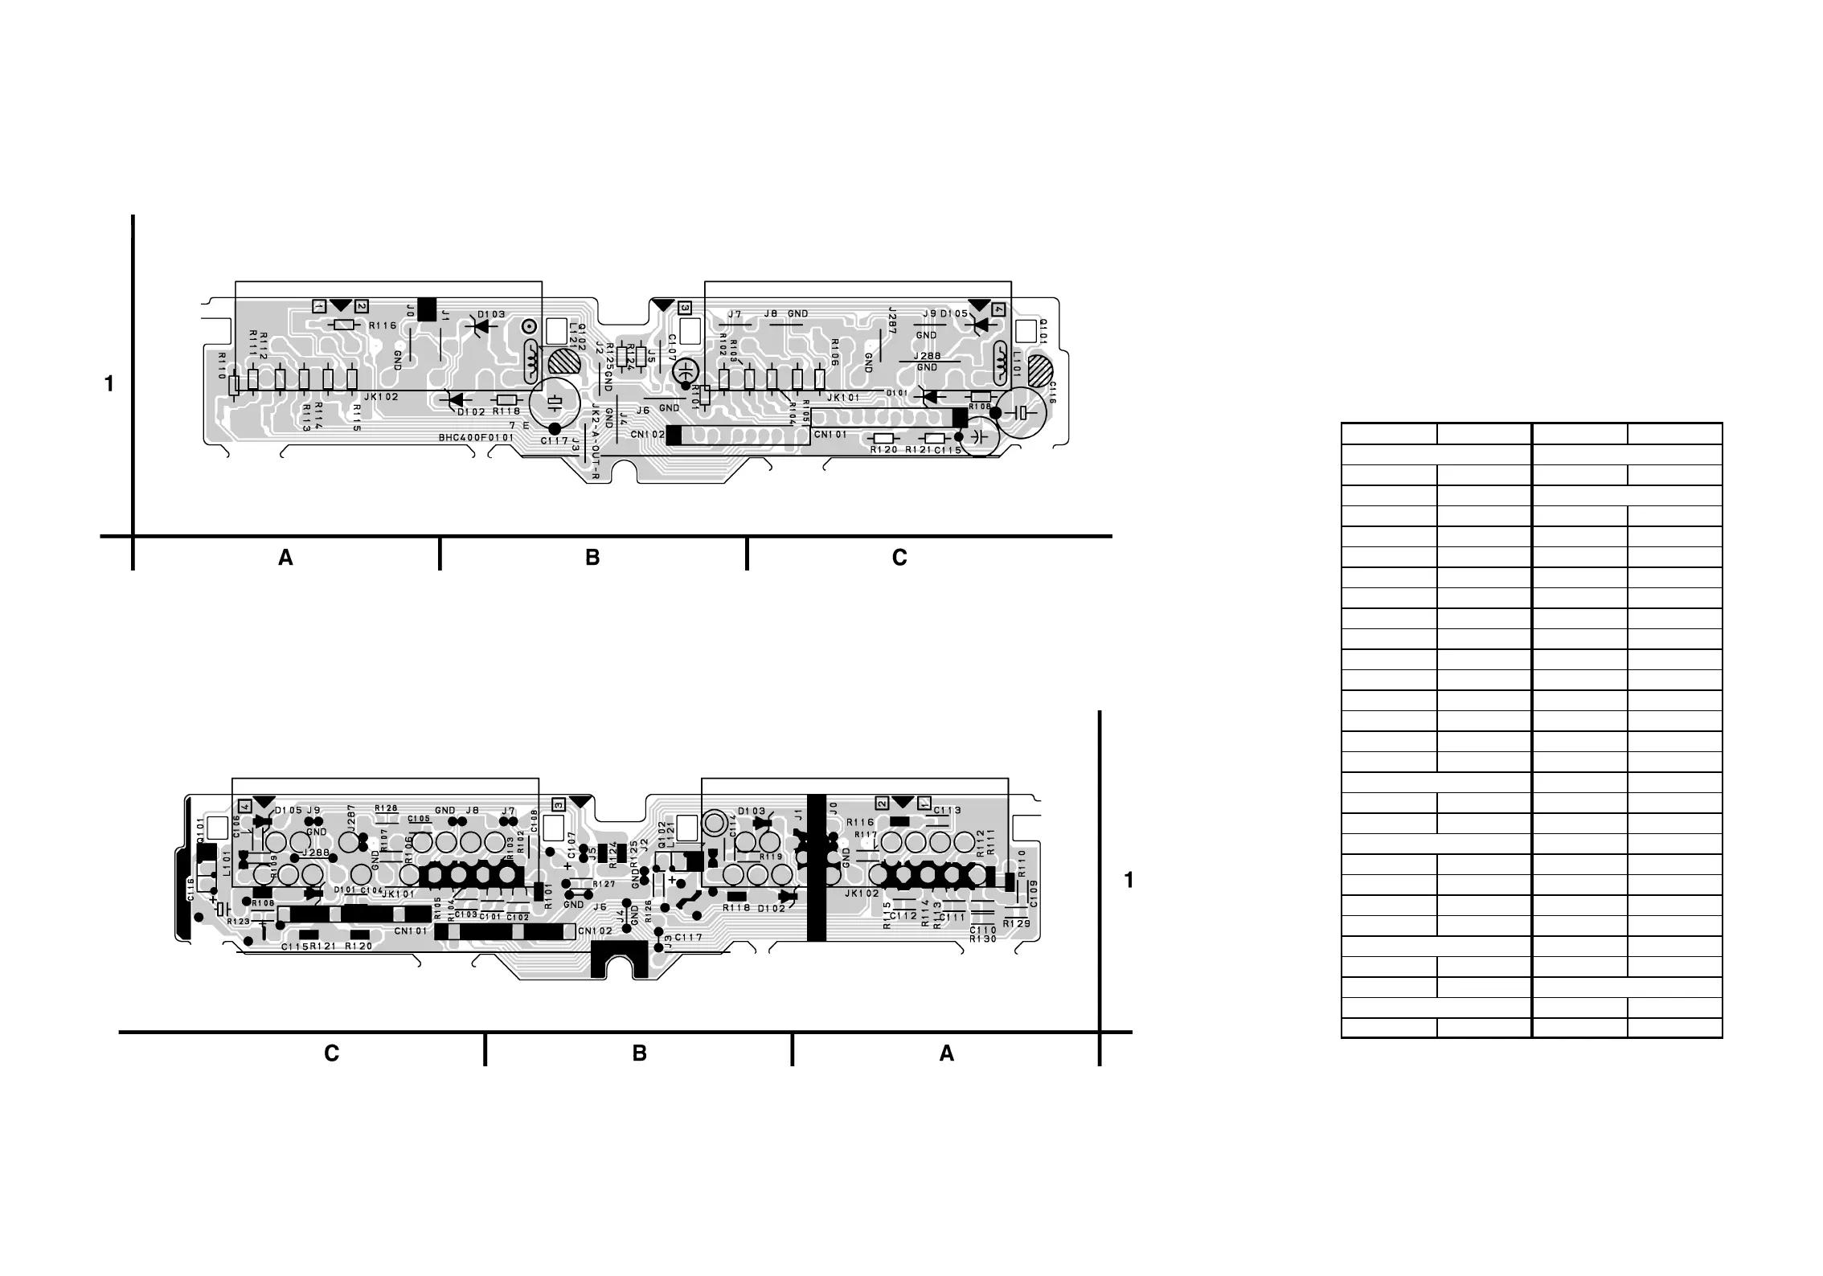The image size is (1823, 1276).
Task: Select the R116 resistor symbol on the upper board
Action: click(x=344, y=325)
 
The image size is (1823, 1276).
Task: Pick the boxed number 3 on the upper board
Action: click(x=684, y=307)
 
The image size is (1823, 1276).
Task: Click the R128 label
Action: click(x=386, y=808)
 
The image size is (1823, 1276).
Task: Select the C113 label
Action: click(x=947, y=810)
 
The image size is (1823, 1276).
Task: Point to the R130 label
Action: click(x=983, y=939)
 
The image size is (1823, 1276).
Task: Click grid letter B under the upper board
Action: click(x=592, y=558)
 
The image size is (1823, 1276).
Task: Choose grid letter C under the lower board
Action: click(x=331, y=1053)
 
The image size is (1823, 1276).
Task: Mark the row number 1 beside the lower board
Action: click(x=1129, y=881)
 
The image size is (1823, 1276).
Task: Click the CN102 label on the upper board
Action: click(x=647, y=435)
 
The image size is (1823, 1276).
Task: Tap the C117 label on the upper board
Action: click(x=555, y=441)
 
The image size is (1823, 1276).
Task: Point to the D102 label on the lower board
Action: click(x=771, y=909)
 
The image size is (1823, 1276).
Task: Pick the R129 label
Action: click(x=1016, y=925)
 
